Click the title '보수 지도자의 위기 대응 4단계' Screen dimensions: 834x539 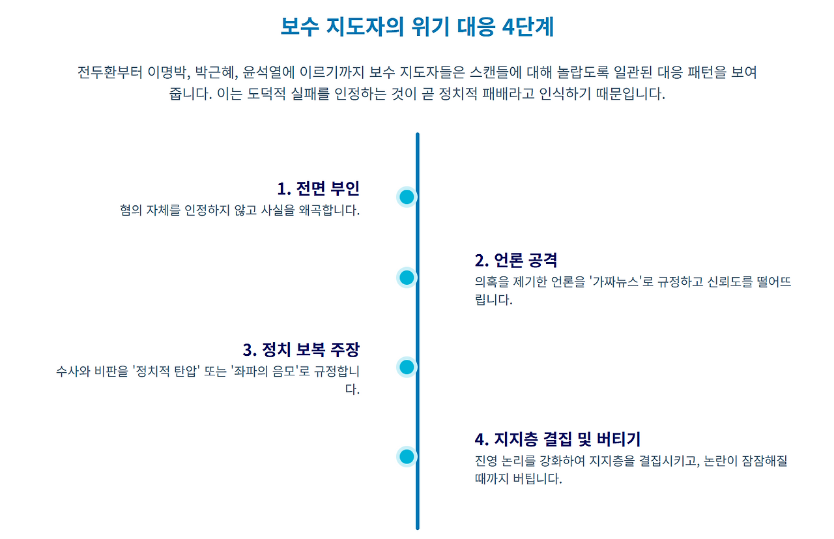(417, 27)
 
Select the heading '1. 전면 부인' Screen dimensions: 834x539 (318, 188)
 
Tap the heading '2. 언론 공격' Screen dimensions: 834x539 (516, 260)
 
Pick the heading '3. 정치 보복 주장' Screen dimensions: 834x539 (301, 349)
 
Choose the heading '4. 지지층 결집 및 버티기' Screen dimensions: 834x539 (558, 439)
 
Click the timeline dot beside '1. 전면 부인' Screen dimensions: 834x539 (407, 197)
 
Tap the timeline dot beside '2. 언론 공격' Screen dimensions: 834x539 (407, 278)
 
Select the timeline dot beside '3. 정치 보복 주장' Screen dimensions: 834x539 (407, 367)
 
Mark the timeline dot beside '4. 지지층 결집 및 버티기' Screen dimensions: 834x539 (407, 456)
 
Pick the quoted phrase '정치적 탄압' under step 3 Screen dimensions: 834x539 (165, 372)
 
